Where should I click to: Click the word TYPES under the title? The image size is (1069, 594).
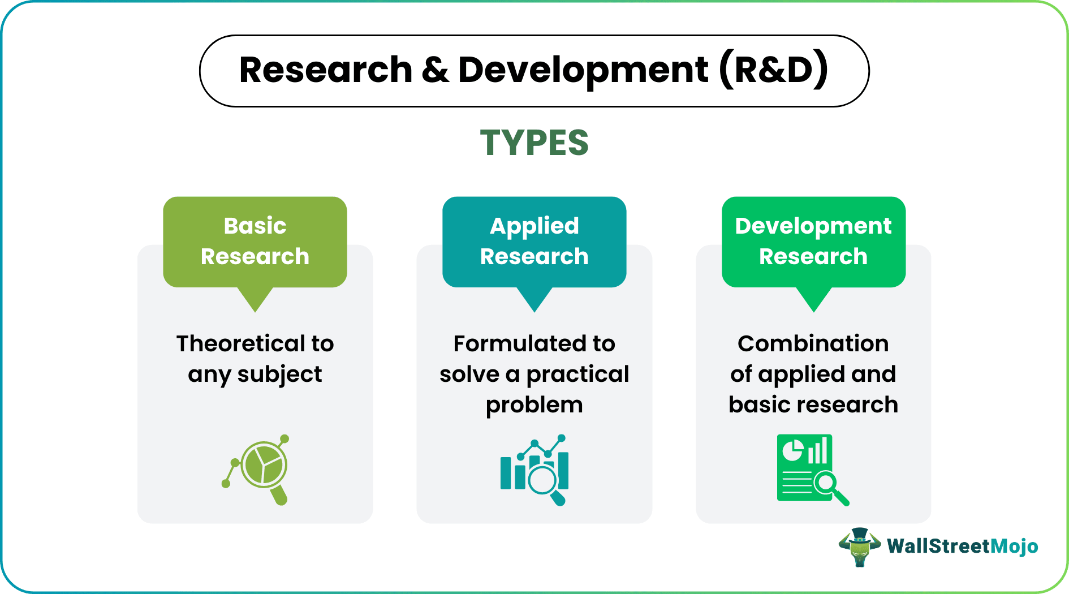tap(534, 143)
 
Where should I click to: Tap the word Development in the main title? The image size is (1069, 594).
tap(583, 70)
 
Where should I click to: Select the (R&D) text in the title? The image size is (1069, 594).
tap(774, 70)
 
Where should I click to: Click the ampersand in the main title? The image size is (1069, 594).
tap(435, 70)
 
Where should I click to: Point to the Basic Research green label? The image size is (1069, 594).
tap(255, 242)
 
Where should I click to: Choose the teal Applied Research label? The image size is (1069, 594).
tap(534, 242)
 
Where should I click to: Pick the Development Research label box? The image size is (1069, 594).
tap(813, 242)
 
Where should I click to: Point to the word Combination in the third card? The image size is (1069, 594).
tap(813, 343)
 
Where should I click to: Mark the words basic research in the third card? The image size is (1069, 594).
tap(813, 404)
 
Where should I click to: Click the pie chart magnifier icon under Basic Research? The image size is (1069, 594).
tap(256, 470)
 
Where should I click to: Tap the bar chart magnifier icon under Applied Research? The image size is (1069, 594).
tap(534, 470)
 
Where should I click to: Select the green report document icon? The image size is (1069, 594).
tap(813, 470)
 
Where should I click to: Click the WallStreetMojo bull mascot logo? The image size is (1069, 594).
tap(859, 546)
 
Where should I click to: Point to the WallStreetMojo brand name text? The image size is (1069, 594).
tap(962, 546)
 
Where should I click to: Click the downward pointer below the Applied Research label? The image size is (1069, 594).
tap(534, 299)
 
